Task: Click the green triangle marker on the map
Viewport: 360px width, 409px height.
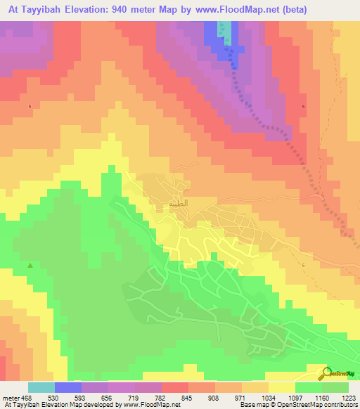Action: pyautogui.click(x=30, y=266)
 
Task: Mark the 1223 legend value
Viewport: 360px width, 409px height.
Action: pyautogui.click(x=347, y=398)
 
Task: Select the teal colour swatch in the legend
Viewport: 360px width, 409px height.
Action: pyautogui.click(x=41, y=387)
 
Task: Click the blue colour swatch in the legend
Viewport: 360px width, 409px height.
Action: pyautogui.click(x=67, y=387)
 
